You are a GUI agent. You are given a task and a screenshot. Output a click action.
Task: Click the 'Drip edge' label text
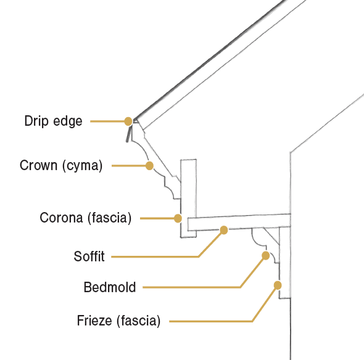point(54,121)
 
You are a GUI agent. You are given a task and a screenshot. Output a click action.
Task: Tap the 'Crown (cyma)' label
point(61,166)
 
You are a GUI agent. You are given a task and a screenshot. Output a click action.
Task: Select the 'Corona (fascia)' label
point(85,218)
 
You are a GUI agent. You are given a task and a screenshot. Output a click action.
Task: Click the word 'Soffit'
point(89,256)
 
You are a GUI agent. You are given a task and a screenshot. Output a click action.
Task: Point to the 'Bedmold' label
point(110,287)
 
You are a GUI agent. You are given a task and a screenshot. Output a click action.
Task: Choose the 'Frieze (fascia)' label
point(118,321)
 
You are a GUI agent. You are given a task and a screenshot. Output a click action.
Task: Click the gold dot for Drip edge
point(128,121)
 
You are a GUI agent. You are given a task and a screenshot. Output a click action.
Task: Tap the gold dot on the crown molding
point(149,166)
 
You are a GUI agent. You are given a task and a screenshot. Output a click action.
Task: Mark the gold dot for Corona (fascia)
point(178,218)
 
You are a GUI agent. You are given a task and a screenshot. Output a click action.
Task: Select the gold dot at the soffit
point(224,230)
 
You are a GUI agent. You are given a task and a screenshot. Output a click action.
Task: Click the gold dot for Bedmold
point(265,256)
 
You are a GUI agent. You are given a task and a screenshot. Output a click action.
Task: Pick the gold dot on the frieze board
point(278,285)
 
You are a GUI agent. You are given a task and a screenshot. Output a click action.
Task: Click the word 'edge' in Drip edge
point(68,121)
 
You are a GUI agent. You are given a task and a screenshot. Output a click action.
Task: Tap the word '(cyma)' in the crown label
point(82,166)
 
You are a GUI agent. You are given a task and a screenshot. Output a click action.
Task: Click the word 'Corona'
point(61,218)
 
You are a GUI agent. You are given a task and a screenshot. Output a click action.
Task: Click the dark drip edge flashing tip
point(127,141)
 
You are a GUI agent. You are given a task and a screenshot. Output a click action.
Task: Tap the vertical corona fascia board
point(189,198)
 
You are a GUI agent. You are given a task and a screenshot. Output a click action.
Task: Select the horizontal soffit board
point(239,222)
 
